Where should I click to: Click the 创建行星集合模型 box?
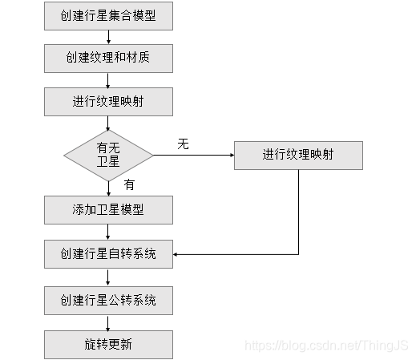108,15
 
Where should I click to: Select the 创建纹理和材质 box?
108,59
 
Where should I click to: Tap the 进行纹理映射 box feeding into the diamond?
108,102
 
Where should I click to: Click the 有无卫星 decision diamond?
108,154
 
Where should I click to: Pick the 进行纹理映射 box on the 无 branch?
299,155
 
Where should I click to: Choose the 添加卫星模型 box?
108,210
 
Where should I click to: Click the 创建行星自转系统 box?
108,255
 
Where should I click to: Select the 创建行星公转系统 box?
108,301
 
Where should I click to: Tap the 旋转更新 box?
108,344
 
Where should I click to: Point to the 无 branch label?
183,144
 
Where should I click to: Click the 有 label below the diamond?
129,184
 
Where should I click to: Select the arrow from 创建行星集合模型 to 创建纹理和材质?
108,37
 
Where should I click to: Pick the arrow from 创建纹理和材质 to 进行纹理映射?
108,80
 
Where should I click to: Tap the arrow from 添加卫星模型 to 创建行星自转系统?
108,233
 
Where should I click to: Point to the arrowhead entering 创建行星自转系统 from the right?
178,255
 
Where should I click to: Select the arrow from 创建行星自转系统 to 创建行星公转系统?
108,278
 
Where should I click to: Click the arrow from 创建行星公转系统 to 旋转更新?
108,322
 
